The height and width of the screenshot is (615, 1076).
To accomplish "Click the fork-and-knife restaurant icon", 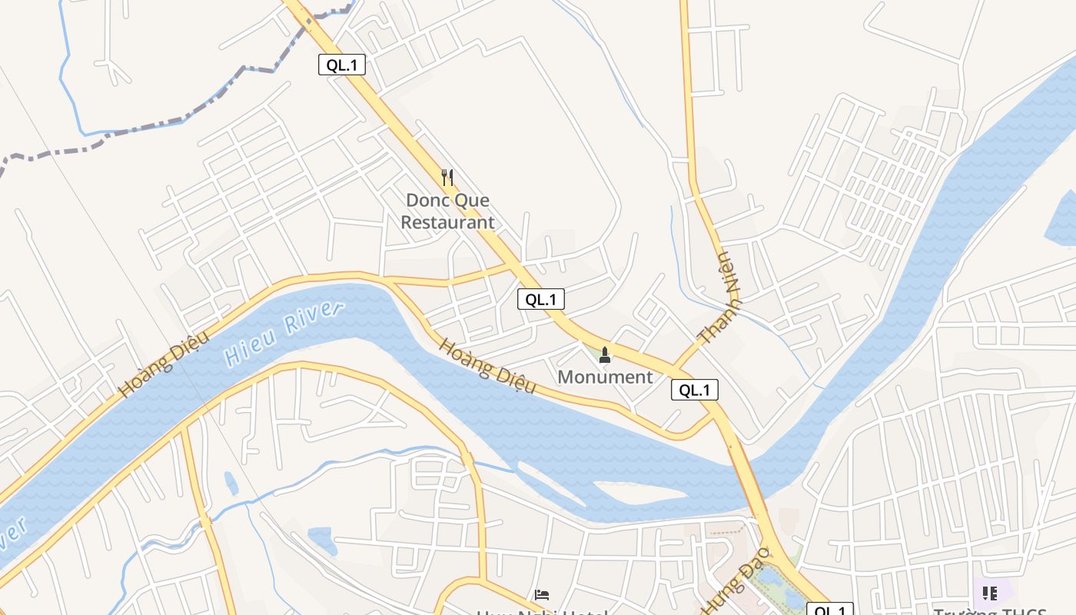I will [x=447, y=178].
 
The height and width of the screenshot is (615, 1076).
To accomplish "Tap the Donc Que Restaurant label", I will [x=448, y=211].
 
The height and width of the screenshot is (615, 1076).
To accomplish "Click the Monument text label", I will [x=605, y=377].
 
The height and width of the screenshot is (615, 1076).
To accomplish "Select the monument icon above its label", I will [x=605, y=354].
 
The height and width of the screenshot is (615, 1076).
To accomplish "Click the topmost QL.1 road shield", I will [x=341, y=65].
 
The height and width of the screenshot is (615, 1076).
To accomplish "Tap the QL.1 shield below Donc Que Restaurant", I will [x=541, y=299].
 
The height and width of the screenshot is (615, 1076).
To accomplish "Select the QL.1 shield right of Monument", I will [x=695, y=390].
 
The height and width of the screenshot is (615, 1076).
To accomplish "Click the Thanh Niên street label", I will [x=721, y=298].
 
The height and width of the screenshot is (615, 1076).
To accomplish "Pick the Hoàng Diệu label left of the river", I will [x=154, y=371].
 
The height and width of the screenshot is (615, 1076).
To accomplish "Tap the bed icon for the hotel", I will [x=542, y=595].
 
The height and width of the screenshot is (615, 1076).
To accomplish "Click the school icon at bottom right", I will [x=989, y=593].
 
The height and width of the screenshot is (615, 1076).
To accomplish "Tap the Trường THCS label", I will [x=990, y=611].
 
